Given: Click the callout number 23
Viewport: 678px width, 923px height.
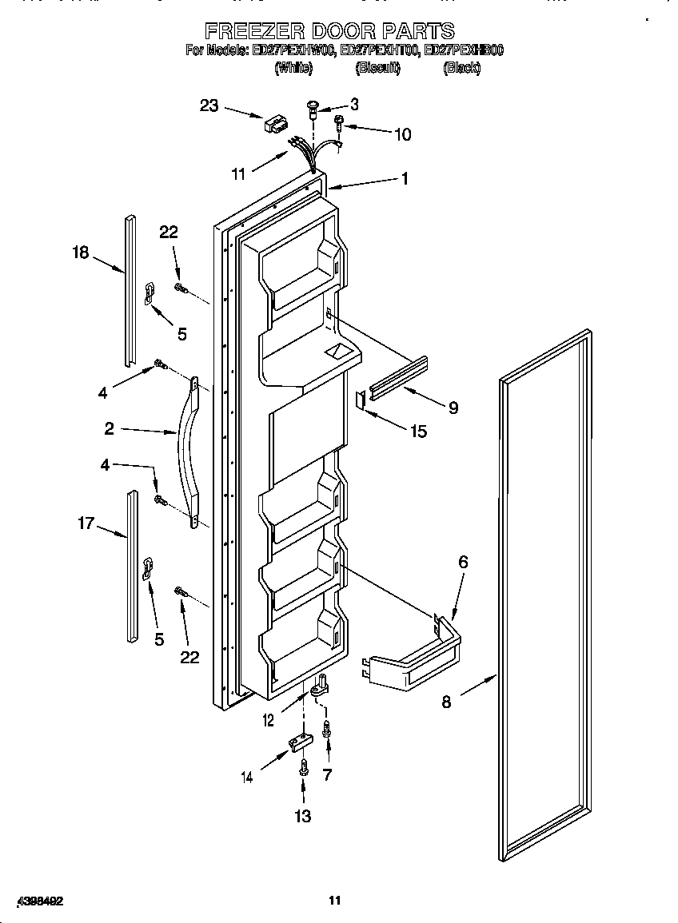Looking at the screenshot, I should [x=209, y=105].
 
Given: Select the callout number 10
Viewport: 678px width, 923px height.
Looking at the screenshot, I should [x=402, y=134].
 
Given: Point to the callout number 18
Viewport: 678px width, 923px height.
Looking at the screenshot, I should [x=81, y=253].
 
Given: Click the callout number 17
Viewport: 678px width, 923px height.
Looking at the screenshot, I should [x=86, y=523].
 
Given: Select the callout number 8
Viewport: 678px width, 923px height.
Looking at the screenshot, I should [x=446, y=702].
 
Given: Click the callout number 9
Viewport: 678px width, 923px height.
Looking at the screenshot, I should [x=453, y=408].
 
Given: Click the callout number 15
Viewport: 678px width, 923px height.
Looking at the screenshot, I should [x=418, y=432].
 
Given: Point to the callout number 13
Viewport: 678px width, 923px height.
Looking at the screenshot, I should [x=303, y=816].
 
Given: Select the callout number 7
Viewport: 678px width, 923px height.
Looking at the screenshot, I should [x=326, y=774].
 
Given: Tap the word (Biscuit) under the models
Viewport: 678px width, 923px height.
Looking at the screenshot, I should [x=377, y=69].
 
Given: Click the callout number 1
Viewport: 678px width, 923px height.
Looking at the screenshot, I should [x=405, y=179].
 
